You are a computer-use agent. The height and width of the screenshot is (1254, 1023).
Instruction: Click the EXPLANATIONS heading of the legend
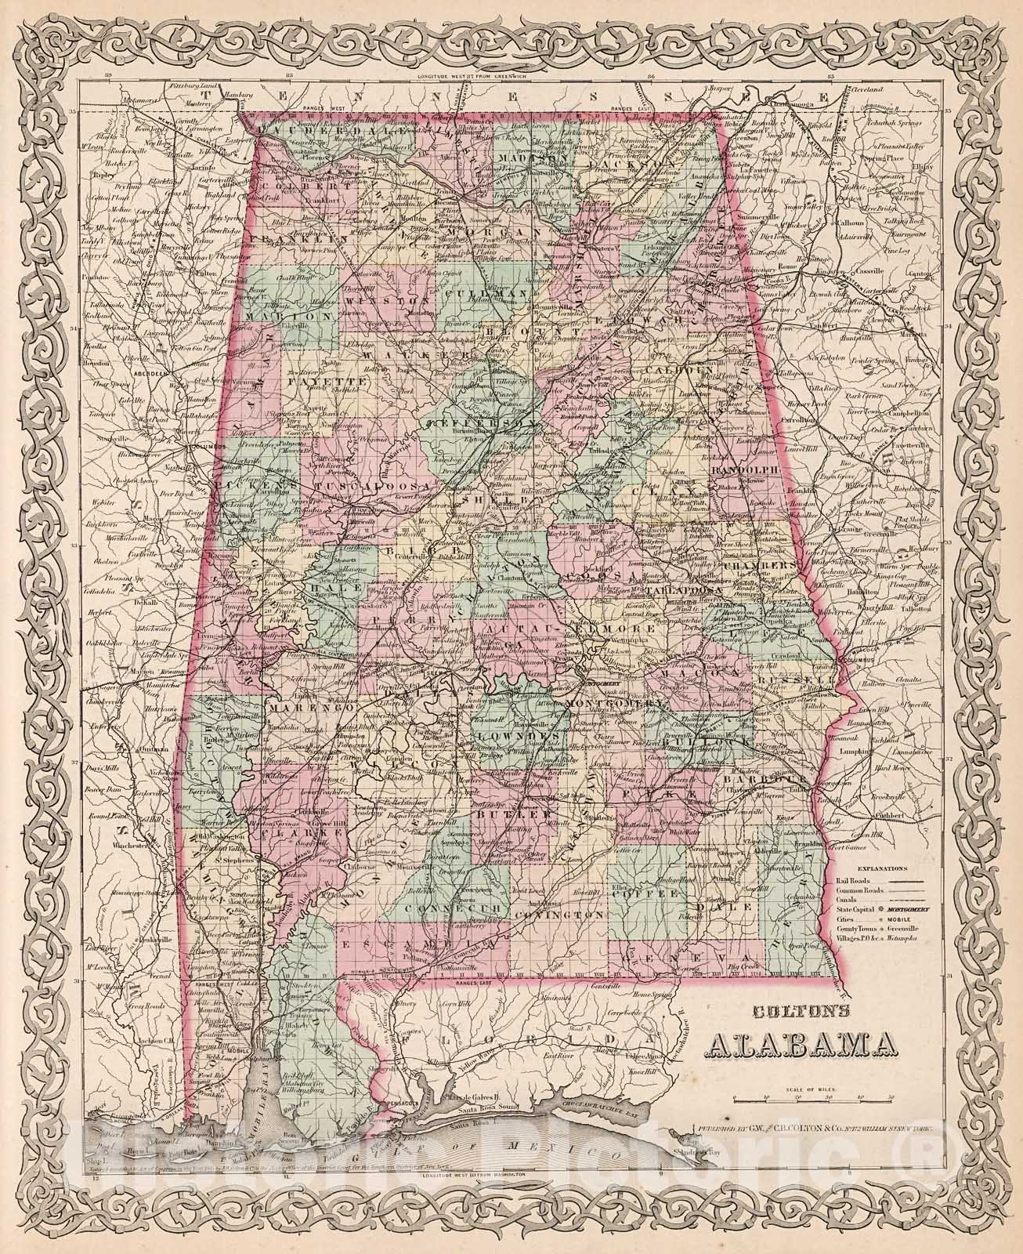coord(883,868)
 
